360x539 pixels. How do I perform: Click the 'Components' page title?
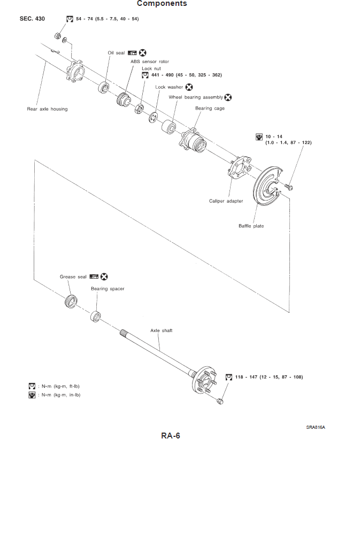162,4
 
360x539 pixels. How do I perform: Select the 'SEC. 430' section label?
32,19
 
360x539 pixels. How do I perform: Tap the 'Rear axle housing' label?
47,109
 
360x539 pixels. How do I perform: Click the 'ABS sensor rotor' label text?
150,61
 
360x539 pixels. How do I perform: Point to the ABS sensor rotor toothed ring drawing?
124,99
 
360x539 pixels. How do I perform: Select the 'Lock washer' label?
169,87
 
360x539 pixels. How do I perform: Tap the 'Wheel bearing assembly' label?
196,97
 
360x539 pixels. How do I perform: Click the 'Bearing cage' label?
210,108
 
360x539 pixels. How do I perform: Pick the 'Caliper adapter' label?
226,201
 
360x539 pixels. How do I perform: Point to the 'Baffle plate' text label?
251,226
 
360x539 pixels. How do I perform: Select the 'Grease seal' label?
73,277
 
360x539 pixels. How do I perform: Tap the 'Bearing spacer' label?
108,289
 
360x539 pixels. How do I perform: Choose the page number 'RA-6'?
171,435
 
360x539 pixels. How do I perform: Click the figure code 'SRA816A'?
316,427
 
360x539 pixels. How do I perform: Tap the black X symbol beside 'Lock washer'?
189,87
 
